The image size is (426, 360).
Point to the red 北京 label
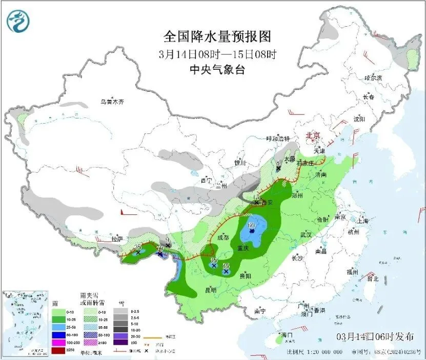click(312, 135)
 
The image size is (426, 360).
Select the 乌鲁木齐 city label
click(112, 102)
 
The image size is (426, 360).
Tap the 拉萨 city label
click(117, 239)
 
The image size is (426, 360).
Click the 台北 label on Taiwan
click(372, 279)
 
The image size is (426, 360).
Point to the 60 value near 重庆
click(251, 225)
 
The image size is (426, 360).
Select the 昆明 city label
click(211, 290)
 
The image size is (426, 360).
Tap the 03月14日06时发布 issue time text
click(375, 337)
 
